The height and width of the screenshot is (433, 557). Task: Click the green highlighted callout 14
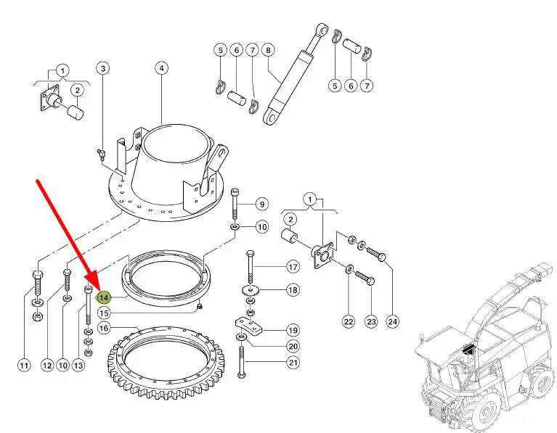[104, 297]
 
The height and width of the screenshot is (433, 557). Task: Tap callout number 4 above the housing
[161, 68]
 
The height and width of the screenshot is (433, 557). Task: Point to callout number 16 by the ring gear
[104, 328]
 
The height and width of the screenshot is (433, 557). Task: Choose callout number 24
[393, 322]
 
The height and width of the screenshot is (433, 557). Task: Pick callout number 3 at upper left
[103, 68]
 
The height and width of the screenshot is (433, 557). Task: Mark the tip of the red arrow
[95, 284]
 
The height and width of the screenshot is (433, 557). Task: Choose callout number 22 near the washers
[348, 322]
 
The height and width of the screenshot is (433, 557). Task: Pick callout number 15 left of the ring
[104, 313]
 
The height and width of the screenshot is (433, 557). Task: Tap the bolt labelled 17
[251, 268]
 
